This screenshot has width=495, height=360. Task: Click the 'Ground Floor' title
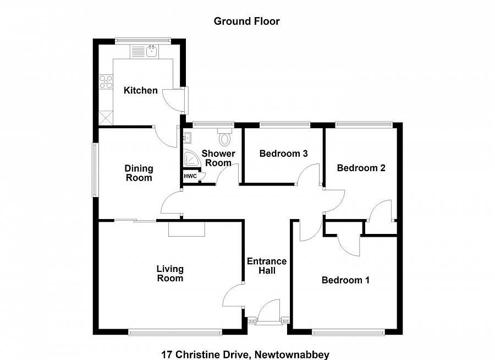coord(246,21)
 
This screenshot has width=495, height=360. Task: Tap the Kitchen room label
coord(140,90)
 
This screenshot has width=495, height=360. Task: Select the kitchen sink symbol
coord(145,52)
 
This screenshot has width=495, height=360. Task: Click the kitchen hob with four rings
coord(105,81)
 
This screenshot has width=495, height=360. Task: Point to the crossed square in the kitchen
coord(105,117)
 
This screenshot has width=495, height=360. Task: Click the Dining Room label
coord(139,173)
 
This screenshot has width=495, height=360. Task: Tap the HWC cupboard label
coord(190,176)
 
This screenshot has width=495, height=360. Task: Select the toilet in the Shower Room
coord(224,137)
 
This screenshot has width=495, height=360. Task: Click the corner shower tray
coord(191,158)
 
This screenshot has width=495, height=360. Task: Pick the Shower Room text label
coord(218,158)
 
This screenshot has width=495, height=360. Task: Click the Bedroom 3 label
coord(283,154)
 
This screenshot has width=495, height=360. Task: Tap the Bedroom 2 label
coord(361,168)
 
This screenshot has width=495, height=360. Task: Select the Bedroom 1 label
coord(345,280)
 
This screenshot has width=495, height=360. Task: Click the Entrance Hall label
coord(267,266)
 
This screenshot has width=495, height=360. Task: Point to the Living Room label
coord(170,274)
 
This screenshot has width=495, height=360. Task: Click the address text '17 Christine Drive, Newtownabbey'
coord(245,354)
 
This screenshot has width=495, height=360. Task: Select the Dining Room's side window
coord(95,170)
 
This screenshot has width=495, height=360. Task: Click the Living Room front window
coord(175,332)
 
